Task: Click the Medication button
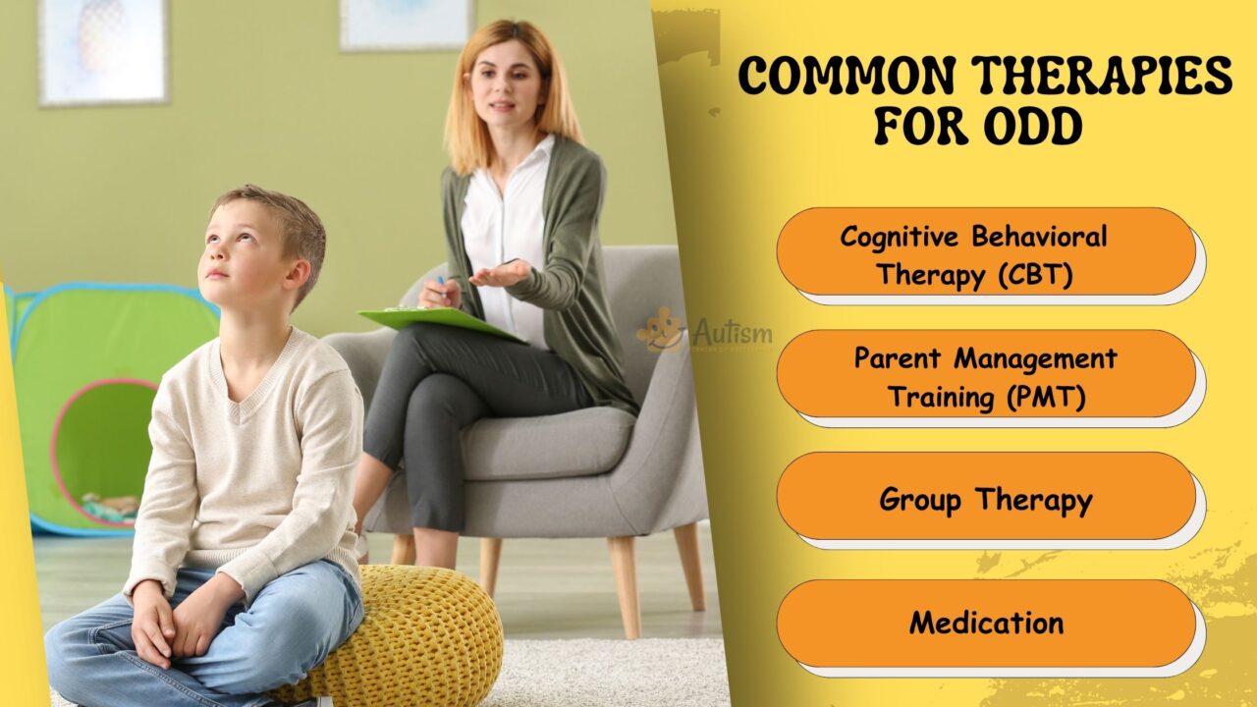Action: tap(986, 622)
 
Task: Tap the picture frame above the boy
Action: tap(103, 49)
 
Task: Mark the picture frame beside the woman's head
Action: tap(405, 24)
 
